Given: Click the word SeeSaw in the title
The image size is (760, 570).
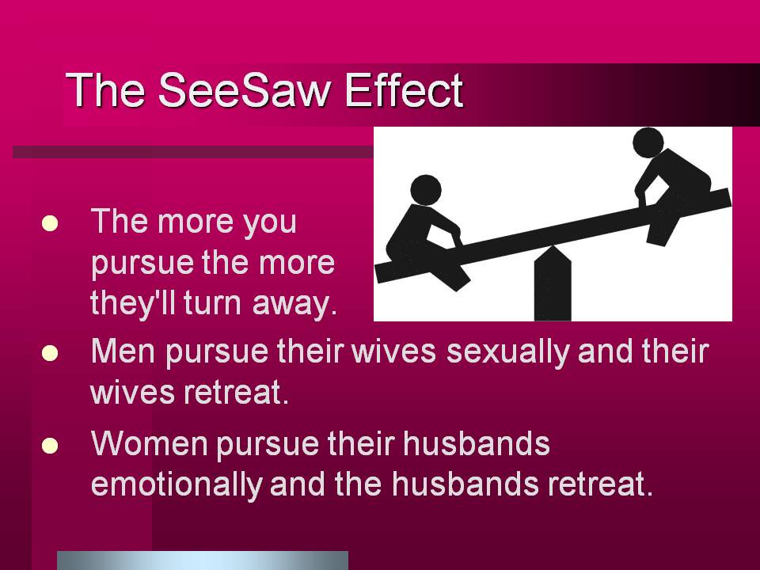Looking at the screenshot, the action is (245, 90).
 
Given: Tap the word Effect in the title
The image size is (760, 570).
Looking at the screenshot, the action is (405, 90).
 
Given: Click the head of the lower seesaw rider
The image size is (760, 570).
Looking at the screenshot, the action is (426, 189).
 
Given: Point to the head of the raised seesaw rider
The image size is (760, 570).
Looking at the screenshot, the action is (648, 142).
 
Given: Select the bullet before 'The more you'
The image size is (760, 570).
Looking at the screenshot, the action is (50, 223).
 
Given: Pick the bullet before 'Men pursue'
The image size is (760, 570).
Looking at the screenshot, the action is (50, 353).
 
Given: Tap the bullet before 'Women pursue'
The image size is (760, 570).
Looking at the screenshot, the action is (50, 446).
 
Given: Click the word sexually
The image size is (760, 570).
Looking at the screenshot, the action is (507, 353).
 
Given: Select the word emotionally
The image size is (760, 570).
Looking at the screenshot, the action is (177, 484).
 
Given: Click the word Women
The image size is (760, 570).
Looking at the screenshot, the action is (150, 443).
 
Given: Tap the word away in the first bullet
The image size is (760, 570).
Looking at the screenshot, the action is (294, 305).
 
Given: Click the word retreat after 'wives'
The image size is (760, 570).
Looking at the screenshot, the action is (236, 393).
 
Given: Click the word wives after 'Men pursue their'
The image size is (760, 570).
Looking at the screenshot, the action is (393, 351).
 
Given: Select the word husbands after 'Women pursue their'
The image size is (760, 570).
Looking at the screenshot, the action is (477, 443).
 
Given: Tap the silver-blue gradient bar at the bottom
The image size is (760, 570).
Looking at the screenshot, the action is (203, 560).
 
